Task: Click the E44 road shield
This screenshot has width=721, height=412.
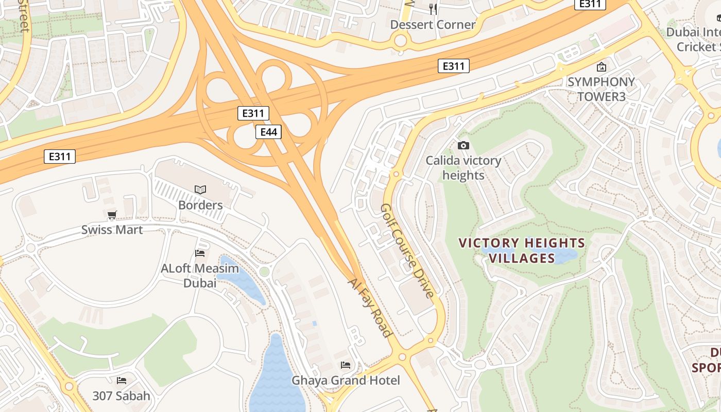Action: tap(268, 132)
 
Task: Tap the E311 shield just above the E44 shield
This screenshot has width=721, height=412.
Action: tap(253, 113)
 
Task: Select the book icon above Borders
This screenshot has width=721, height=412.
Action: tap(200, 190)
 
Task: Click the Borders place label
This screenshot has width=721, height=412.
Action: tap(200, 205)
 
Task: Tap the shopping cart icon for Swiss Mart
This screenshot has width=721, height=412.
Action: tap(112, 215)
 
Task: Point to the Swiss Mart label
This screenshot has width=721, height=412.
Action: tap(112, 230)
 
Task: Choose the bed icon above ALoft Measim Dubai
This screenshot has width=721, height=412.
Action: tap(200, 253)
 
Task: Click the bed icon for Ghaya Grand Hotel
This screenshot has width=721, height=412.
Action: tap(346, 365)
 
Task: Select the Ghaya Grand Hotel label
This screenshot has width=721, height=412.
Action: tap(346, 381)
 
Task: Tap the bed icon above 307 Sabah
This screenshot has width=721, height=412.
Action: tap(122, 381)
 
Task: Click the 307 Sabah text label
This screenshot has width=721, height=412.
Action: tap(122, 396)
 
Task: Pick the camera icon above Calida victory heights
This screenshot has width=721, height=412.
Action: tap(463, 146)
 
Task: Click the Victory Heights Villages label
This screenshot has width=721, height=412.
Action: tap(522, 250)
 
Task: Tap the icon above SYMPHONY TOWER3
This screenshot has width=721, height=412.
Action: tap(601, 67)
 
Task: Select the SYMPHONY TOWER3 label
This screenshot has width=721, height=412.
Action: tap(600, 89)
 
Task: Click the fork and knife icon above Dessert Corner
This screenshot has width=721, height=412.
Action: tap(433, 9)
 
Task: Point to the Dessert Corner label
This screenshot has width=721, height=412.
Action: tap(433, 25)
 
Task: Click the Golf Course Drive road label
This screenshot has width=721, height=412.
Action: tap(407, 250)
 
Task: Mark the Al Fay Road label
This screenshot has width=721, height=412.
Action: tap(370, 308)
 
